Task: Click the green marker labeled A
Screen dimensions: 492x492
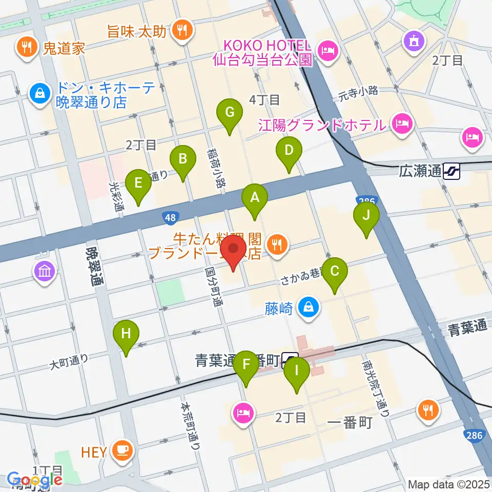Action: [255, 198]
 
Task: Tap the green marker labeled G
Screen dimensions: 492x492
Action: [229, 112]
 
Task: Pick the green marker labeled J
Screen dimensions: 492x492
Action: [366, 216]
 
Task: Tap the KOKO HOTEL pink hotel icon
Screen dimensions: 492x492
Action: [326, 50]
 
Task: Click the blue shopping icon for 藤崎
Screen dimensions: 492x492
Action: [309, 307]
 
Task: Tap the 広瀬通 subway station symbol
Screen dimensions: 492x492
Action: [452, 171]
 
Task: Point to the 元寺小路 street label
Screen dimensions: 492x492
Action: [358, 91]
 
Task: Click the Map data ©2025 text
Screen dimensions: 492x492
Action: [449, 484]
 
